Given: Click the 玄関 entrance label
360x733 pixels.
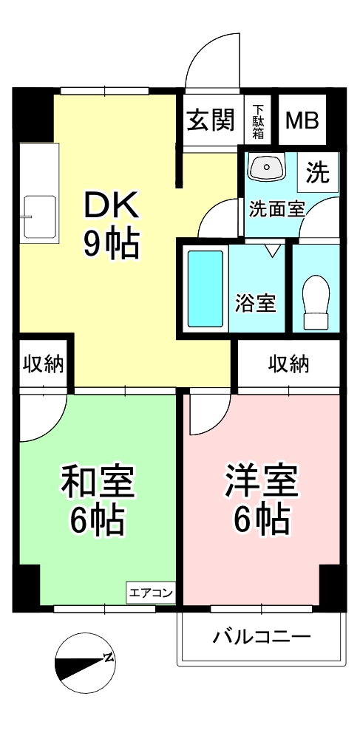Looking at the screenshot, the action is pos(211,120).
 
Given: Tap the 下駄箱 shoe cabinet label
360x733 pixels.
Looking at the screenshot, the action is pos(259,121).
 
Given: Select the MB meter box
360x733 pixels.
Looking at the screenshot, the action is pos(302,120).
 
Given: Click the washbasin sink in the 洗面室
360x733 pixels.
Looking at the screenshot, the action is pos(267,167).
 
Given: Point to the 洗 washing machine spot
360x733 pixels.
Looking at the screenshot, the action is pos(317,173).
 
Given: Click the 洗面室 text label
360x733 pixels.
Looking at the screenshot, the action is pos(276,209).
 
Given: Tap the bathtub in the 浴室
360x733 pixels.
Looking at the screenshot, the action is pos(206,288).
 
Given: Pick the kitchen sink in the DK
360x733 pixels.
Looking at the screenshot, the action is pos(40,217).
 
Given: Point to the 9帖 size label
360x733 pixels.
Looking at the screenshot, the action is pos(112,245).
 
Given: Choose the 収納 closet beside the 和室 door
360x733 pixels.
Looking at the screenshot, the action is pos(44,364).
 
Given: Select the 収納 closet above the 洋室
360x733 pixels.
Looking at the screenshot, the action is pos(288,364).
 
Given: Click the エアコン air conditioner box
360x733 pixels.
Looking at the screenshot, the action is pos(151,593).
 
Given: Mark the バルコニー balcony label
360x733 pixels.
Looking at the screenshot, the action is pos(262,636).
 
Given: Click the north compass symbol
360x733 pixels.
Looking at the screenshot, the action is pos(85,663).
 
